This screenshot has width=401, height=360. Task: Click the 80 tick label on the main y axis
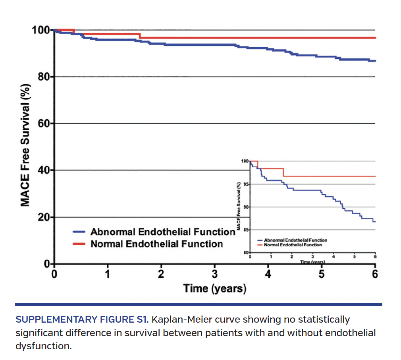(43, 77)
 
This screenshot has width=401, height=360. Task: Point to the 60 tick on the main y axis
(43, 124)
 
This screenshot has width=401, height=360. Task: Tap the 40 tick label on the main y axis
(43, 170)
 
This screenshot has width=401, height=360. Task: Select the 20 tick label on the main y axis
(43, 217)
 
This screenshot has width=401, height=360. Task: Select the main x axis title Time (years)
(214, 288)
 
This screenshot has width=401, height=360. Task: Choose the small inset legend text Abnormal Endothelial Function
(295, 240)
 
